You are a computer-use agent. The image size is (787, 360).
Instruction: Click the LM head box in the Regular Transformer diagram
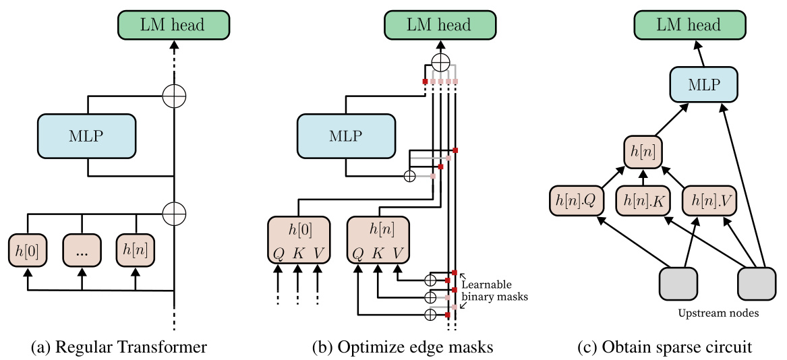click(175, 25)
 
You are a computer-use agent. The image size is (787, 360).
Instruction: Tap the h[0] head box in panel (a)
click(27, 251)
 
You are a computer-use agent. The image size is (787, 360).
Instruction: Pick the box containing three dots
click(82, 251)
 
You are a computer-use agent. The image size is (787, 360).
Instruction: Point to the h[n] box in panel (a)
click(136, 251)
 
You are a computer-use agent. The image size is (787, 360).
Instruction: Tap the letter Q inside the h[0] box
click(278, 253)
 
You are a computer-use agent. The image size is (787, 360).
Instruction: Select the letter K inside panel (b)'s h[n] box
click(378, 253)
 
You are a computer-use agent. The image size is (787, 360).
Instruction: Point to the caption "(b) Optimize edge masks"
click(403, 347)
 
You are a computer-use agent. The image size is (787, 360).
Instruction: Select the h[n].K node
click(643, 201)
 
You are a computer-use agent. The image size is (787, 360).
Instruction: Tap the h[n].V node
click(709, 201)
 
